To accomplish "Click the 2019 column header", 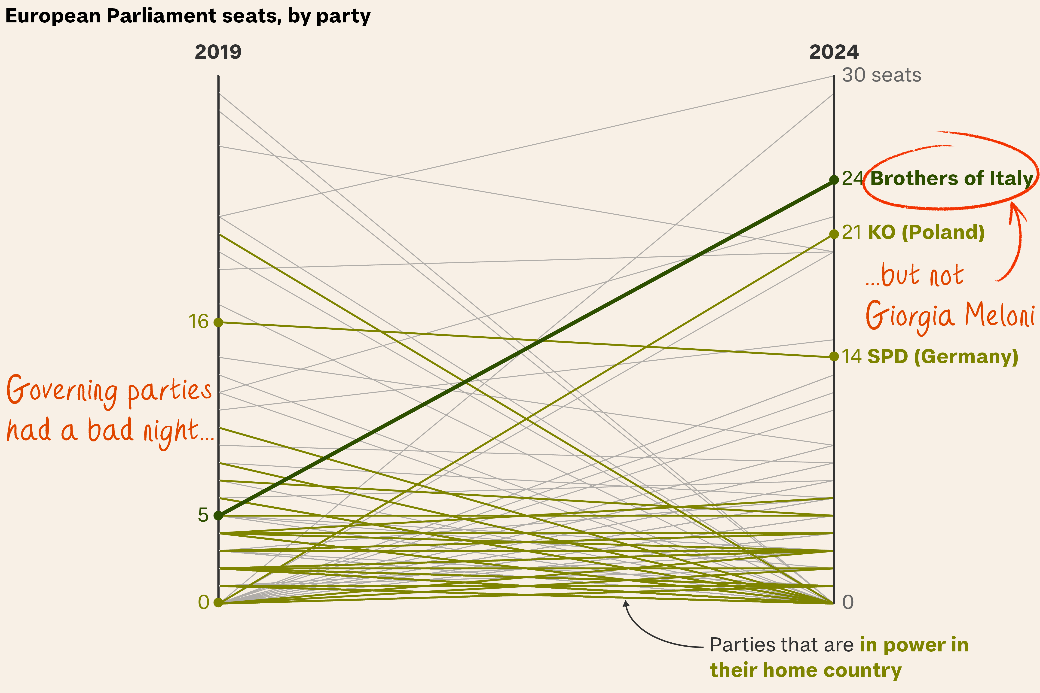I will [x=218, y=52].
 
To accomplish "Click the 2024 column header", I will [x=834, y=52].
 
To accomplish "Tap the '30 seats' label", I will [x=881, y=75].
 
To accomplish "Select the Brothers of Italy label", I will [x=951, y=179].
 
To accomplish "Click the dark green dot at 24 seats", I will [x=834, y=180].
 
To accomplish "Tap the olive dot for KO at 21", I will [x=834, y=234].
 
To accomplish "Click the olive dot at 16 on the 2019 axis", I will [x=218, y=322].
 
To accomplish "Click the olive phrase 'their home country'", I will [x=806, y=670].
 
